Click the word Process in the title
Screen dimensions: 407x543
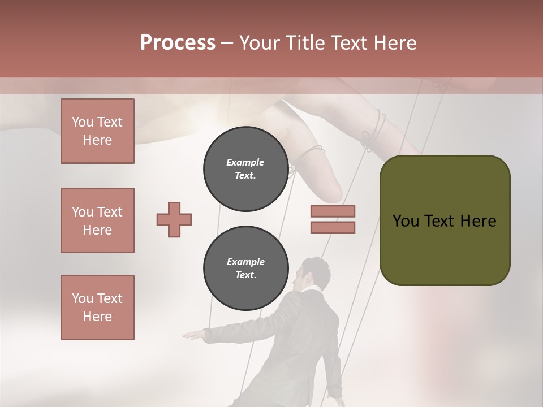[178, 43]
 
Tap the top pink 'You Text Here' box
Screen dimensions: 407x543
[97, 131]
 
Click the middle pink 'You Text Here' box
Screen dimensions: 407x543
[97, 220]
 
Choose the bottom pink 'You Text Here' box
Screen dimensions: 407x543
[97, 308]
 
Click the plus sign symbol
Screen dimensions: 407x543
[174, 219]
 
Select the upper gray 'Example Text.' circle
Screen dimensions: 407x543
[245, 168]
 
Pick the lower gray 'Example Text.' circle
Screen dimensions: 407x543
[245, 268]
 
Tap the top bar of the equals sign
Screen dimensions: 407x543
[333, 211]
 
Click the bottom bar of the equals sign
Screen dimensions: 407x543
[333, 227]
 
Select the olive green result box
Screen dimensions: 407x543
[445, 220]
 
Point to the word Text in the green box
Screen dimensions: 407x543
[438, 221]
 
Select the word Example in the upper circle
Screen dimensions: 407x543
[245, 162]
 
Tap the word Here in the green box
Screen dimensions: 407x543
[478, 221]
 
